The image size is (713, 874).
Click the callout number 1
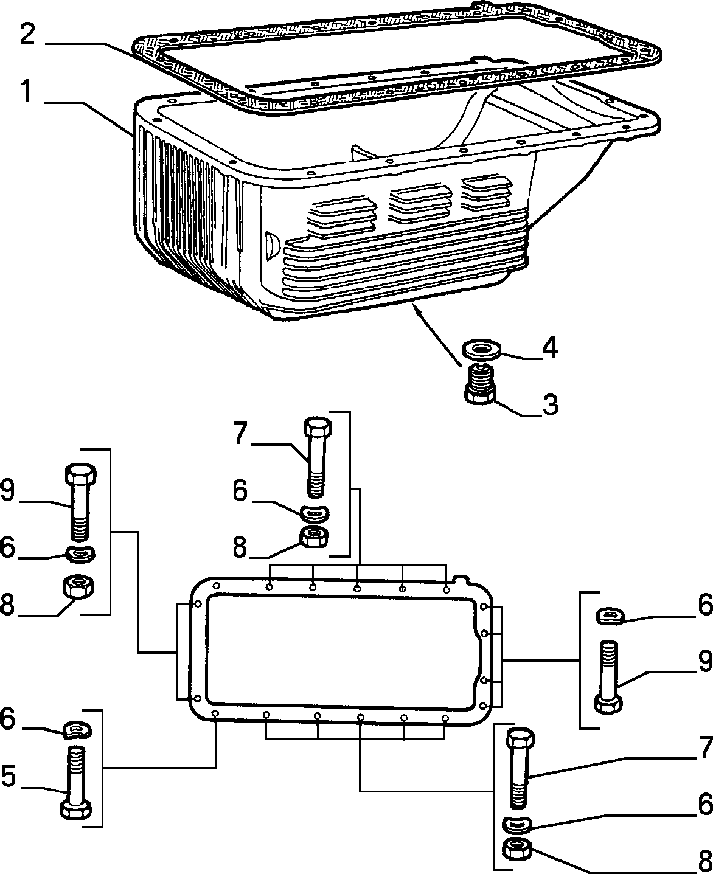(x=27, y=92)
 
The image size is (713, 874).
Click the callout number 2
(x=27, y=35)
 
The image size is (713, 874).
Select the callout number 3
(x=550, y=404)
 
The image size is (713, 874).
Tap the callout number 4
(x=550, y=348)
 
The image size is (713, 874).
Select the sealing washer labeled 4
(x=481, y=348)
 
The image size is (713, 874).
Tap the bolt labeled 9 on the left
(x=81, y=502)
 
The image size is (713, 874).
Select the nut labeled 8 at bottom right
(x=517, y=848)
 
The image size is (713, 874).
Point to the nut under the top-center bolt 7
(x=314, y=537)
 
